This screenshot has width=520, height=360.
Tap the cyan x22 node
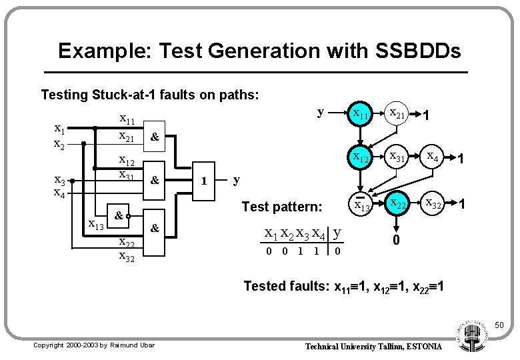click(399, 205)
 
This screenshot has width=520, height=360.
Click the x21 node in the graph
click(399, 115)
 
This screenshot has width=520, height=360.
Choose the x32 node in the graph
click(434, 204)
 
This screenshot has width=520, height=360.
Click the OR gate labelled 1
click(205, 181)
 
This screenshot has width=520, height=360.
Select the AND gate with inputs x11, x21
click(155, 137)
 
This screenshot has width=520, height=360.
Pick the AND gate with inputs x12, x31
click(155, 180)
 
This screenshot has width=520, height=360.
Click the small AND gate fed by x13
click(118, 216)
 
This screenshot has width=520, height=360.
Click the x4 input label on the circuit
click(60, 193)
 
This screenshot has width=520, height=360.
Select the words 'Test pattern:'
click(282, 207)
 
